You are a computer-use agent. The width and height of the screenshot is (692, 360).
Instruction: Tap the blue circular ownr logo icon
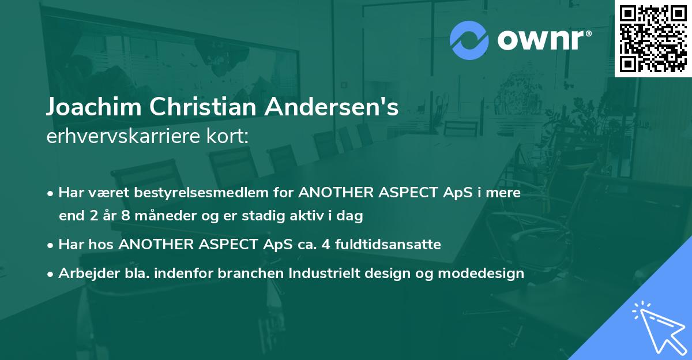tap(469, 40)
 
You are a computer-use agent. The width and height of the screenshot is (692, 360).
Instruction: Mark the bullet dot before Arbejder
tap(52, 274)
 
